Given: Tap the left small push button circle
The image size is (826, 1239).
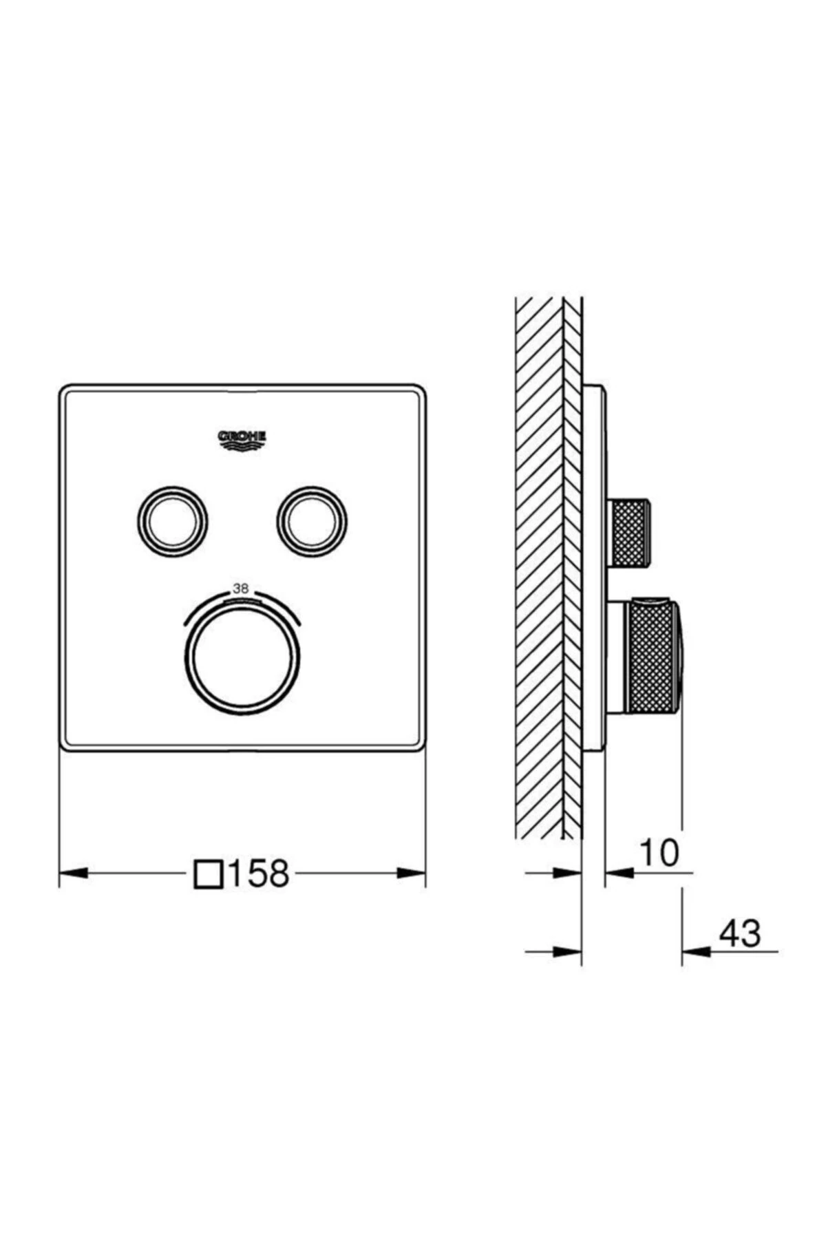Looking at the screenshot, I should click(x=172, y=521).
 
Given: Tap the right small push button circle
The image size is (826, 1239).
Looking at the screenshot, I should click(x=312, y=521).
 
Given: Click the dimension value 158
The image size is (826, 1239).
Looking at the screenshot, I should click(x=257, y=873).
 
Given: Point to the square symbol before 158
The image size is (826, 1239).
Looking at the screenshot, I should click(x=209, y=874).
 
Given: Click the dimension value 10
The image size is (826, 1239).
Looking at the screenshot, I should click(x=659, y=853).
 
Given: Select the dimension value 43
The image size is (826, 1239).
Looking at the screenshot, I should click(x=740, y=933).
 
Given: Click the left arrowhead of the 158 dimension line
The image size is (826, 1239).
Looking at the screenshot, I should click(x=74, y=873).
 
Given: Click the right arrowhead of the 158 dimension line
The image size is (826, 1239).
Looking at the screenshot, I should click(x=411, y=873).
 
